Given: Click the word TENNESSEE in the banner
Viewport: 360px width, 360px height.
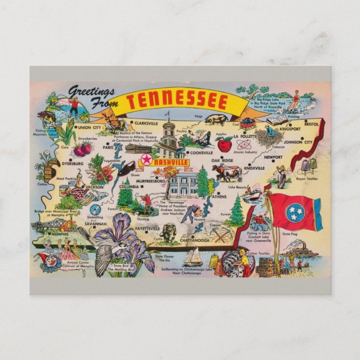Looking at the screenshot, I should [177, 102].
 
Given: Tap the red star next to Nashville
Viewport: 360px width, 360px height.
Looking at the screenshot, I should [146, 160].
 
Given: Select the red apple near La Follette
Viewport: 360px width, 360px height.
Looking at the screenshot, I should [225, 144].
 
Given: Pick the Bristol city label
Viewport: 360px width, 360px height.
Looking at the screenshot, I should [311, 124].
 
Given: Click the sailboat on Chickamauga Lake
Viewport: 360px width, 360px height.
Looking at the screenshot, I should [193, 257].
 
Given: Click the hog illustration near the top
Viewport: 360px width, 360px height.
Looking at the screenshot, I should [215, 119].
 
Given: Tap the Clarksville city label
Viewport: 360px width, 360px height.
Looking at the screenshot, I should [145, 122].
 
